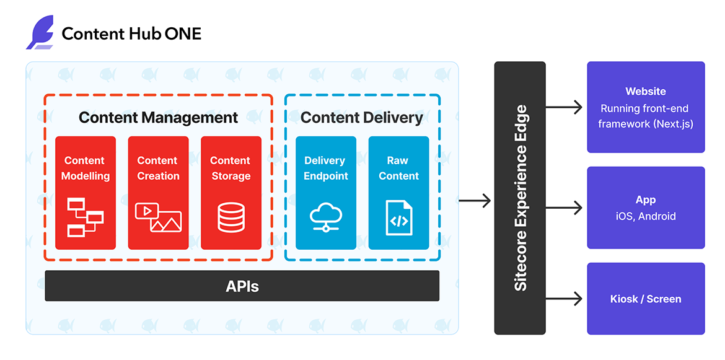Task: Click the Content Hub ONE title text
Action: click(x=131, y=33)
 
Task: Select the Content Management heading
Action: click(x=158, y=117)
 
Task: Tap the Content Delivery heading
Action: click(x=362, y=117)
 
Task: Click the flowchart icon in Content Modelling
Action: click(x=85, y=216)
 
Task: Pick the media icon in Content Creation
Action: click(x=158, y=217)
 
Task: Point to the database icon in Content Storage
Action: click(x=231, y=217)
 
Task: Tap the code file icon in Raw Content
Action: click(x=398, y=217)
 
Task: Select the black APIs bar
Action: click(x=242, y=286)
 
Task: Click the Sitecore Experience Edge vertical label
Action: click(x=521, y=198)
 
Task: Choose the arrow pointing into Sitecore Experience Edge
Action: click(x=475, y=200)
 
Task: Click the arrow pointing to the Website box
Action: click(x=565, y=107)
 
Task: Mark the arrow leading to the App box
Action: click(x=565, y=208)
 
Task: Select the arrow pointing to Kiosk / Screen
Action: click(x=565, y=299)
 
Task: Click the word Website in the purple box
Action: click(x=646, y=91)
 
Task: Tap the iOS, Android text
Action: click(x=646, y=216)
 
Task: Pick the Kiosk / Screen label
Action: click(x=646, y=299)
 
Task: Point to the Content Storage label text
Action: click(x=231, y=168)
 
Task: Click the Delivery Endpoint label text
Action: click(x=326, y=168)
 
